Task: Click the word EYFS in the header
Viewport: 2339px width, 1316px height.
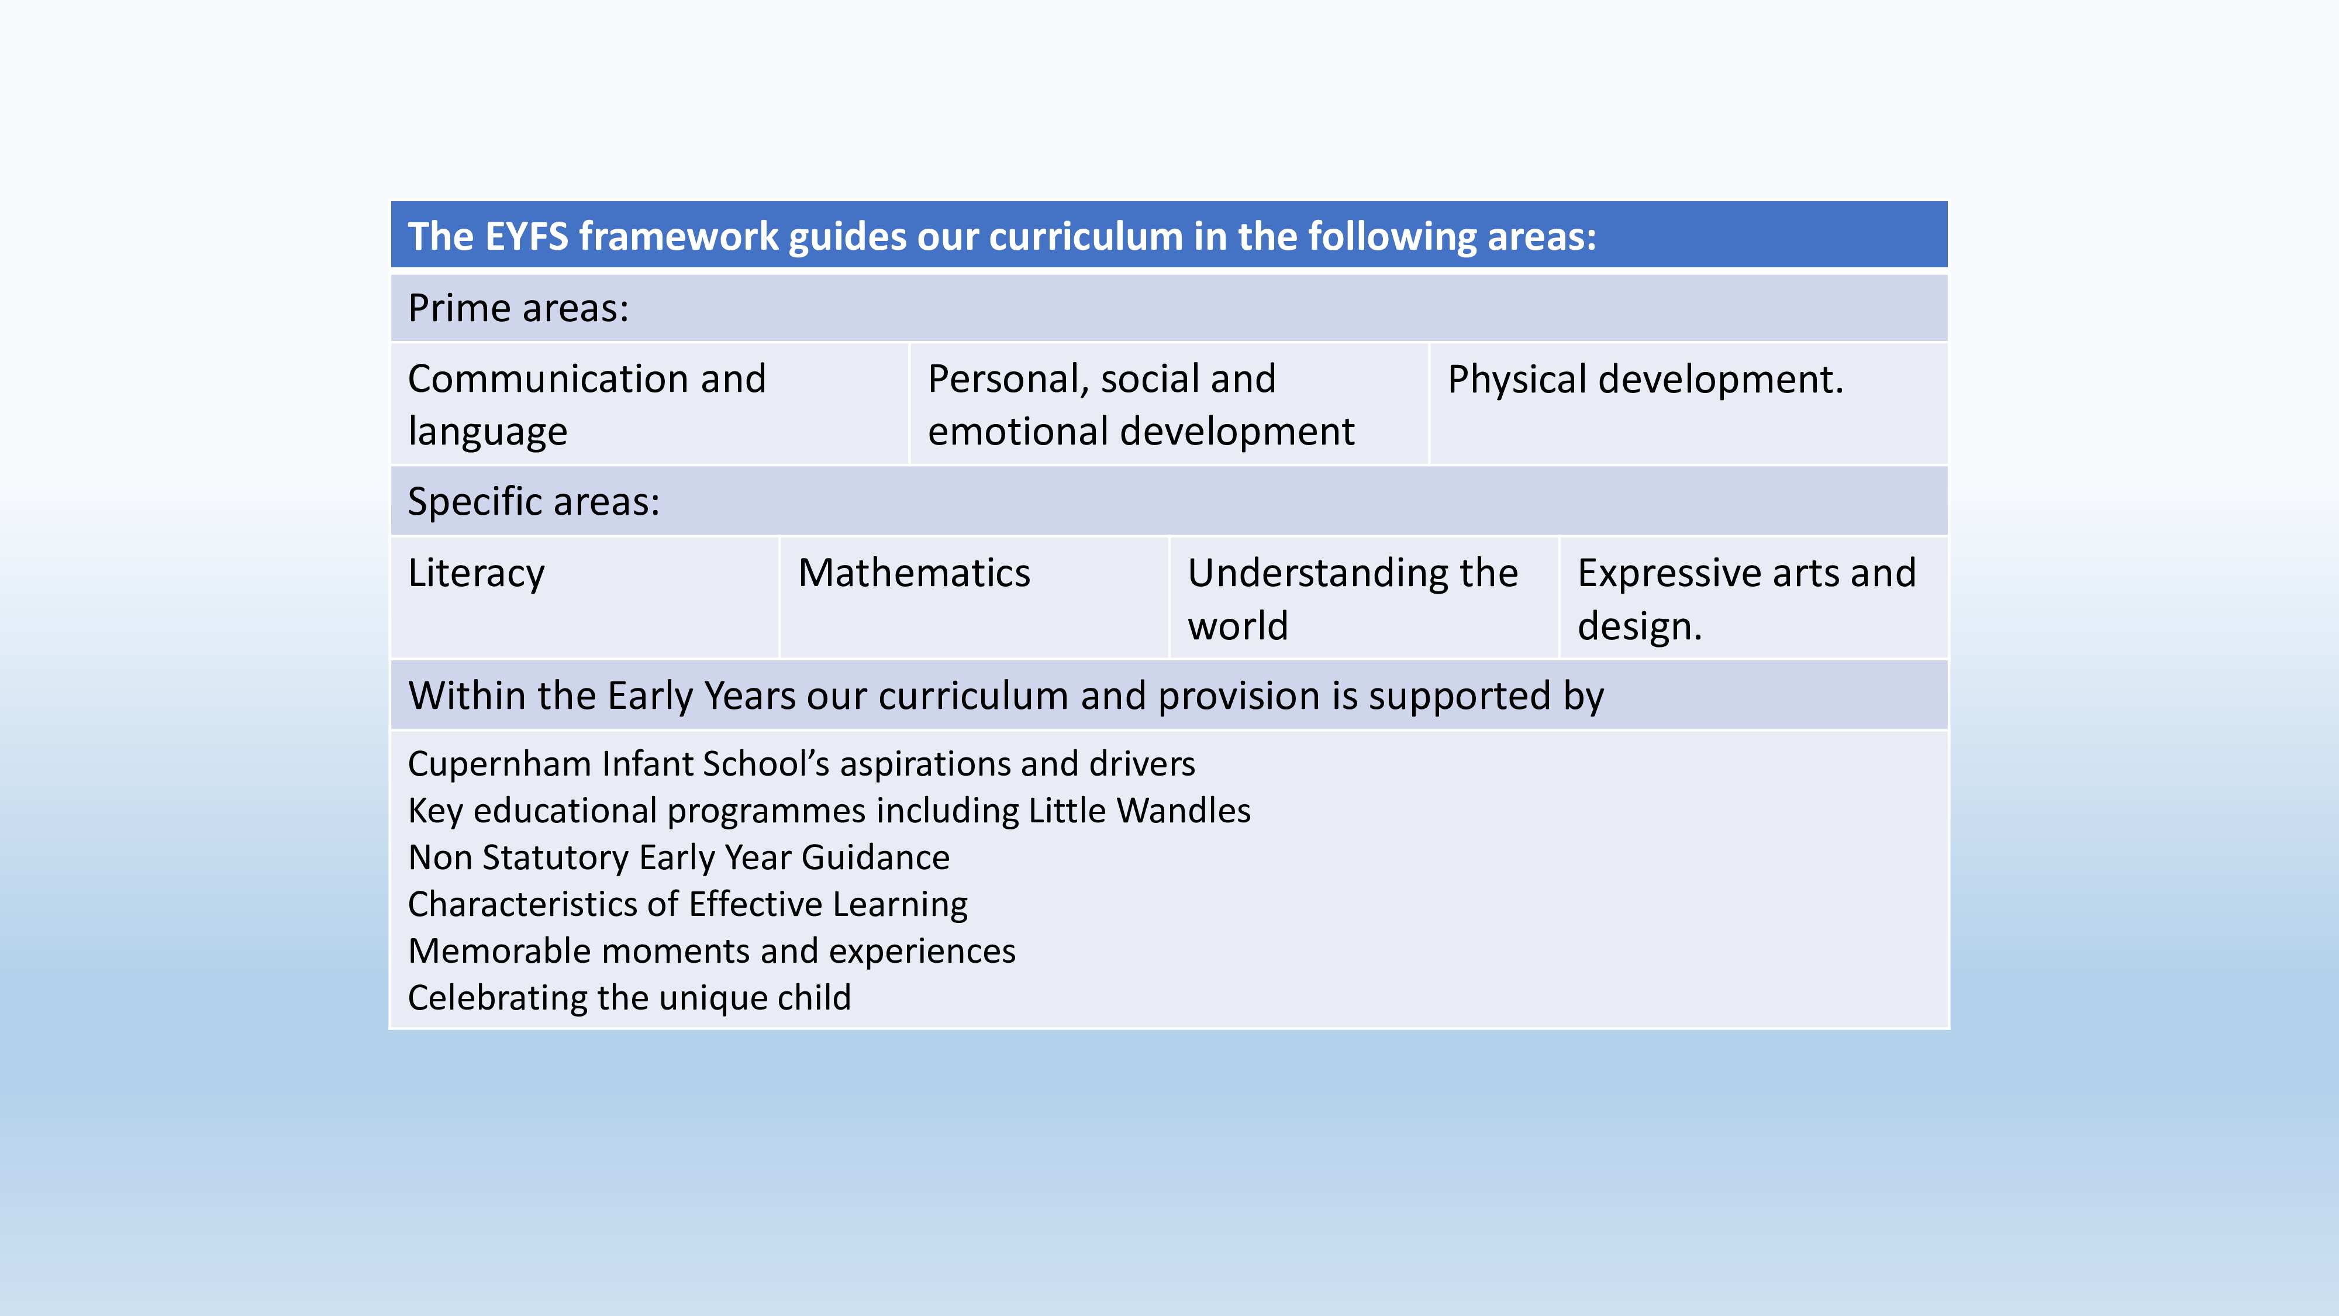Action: pos(527,236)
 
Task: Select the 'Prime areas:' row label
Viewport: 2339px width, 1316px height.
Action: pos(519,308)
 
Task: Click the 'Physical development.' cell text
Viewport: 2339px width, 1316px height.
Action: pos(1645,380)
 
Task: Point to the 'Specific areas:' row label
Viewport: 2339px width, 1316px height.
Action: pos(534,501)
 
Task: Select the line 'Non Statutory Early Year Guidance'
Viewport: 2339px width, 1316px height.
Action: pos(678,857)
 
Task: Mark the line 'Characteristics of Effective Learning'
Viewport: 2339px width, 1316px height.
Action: pos(687,905)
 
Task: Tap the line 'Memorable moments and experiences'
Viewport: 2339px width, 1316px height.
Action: pos(711,951)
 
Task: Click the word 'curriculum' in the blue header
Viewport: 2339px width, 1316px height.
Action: pos(1085,236)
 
